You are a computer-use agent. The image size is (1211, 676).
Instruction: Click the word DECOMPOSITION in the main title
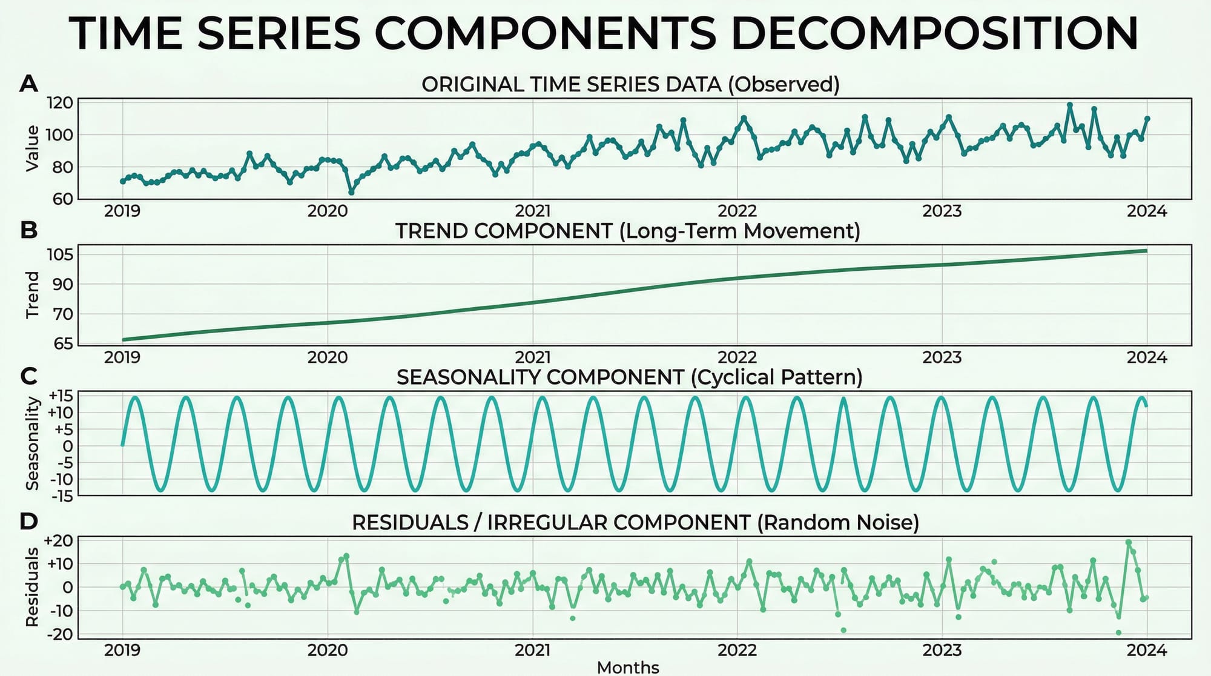[x=935, y=34]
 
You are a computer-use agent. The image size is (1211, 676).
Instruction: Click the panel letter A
[x=28, y=84]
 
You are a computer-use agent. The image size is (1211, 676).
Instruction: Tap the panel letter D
[x=28, y=521]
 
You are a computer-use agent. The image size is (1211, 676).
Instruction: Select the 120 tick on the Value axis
[x=59, y=103]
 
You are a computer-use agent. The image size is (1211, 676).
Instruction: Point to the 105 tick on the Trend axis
[x=59, y=254]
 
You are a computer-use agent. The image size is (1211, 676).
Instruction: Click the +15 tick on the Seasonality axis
[x=60, y=396]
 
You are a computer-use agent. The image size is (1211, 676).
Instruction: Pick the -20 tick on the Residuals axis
[x=59, y=634]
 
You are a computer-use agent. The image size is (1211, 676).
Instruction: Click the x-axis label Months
[x=628, y=667]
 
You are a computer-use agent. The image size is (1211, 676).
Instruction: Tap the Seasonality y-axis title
[x=32, y=444]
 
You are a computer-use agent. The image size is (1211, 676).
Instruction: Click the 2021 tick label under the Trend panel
[x=532, y=357]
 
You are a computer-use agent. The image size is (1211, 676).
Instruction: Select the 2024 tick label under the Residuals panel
[x=1147, y=651]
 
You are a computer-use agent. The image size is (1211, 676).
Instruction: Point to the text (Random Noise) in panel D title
[x=838, y=522]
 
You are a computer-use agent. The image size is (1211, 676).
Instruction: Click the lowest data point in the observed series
[x=351, y=192]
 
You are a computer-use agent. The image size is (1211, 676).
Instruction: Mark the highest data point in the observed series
[x=1070, y=105]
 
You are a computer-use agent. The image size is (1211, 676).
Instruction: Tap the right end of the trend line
[x=1146, y=250]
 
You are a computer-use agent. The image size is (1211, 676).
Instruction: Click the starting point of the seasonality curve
[x=123, y=445]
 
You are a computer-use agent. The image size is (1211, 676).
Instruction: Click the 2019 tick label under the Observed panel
[x=122, y=211]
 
